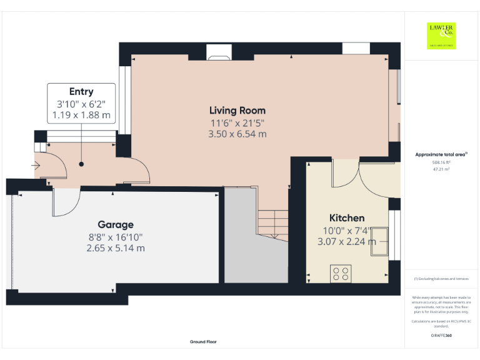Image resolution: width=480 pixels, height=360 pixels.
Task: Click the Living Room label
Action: (237, 111)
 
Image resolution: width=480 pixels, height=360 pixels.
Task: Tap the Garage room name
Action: (115, 224)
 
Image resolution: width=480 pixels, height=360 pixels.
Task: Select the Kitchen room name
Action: (347, 218)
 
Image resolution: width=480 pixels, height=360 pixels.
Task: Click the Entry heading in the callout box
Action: (81, 92)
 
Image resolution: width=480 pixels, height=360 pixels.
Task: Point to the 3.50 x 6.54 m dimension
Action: (237, 134)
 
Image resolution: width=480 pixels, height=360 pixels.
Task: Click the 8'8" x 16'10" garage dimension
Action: (115, 236)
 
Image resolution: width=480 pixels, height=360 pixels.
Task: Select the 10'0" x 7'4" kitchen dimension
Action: (347, 230)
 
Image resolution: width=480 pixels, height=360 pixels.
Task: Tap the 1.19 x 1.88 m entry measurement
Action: (81, 115)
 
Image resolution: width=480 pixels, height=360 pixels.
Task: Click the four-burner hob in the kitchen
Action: (341, 272)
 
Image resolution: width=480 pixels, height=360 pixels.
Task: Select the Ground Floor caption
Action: (204, 342)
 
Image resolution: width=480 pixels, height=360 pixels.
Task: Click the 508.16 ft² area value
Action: (441, 162)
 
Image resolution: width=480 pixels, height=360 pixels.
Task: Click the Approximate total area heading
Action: (441, 154)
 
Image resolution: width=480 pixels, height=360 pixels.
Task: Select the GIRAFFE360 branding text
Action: (441, 336)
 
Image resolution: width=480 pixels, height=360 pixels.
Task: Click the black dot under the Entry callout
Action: (81, 164)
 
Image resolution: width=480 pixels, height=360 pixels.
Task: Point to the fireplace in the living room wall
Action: (219, 54)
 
